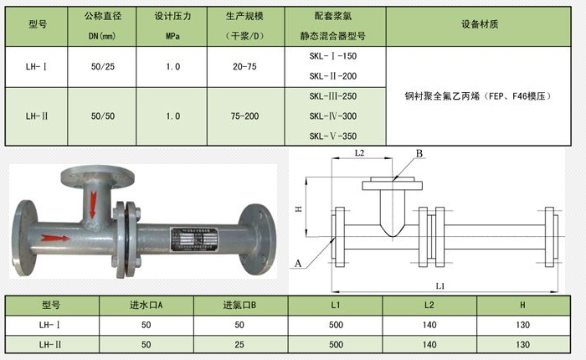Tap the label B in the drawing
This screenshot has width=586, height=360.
tap(419, 153)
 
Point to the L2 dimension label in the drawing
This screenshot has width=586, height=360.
tap(359, 153)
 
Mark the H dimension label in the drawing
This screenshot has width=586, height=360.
tap(299, 207)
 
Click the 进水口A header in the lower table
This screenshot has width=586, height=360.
tap(146, 305)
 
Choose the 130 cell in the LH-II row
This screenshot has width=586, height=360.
tap(522, 344)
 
